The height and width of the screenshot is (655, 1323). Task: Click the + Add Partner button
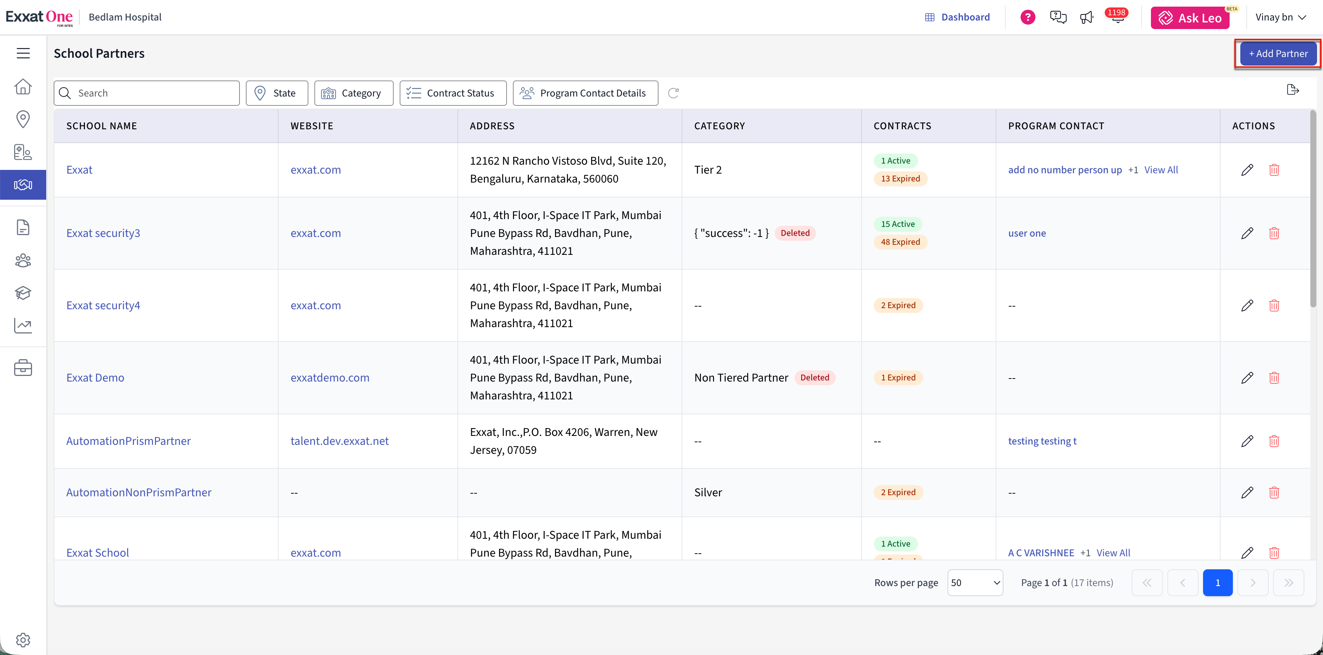(1278, 53)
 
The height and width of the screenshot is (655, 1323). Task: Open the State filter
(277, 93)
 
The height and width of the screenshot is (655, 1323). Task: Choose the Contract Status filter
(453, 93)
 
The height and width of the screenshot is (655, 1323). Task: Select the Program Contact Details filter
(586, 93)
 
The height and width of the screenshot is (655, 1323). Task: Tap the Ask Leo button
(1190, 18)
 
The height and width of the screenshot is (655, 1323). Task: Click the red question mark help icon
(1028, 18)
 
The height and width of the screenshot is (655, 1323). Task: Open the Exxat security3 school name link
(103, 233)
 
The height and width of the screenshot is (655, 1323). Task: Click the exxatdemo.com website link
(330, 377)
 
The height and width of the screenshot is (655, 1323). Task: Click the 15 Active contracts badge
(898, 224)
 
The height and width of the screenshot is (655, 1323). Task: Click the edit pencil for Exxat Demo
(1247, 377)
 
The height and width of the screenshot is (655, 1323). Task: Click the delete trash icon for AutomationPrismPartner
(1274, 441)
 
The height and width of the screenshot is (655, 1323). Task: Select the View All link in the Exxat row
(1161, 170)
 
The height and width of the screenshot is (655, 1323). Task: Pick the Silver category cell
(708, 493)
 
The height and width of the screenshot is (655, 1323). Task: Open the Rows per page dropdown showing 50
(975, 583)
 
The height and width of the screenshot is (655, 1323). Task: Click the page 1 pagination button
(1217, 583)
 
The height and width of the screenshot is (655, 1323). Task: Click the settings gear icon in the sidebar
(23, 640)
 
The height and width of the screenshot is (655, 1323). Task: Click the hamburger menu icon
(23, 53)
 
